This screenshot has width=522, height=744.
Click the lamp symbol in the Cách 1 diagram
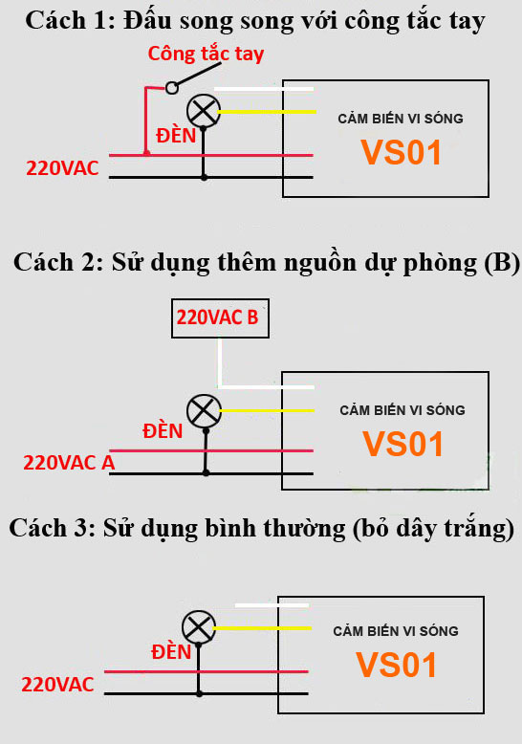tap(204, 111)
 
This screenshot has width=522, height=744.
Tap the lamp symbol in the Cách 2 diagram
tap(204, 411)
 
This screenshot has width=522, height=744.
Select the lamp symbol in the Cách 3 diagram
tap(199, 627)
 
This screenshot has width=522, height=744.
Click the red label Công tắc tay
tap(206, 54)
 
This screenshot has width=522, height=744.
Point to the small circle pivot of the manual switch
tap(172, 88)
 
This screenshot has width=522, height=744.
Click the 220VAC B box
tap(220, 317)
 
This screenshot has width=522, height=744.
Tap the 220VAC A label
tap(69, 463)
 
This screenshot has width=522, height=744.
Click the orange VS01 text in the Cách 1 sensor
tap(402, 152)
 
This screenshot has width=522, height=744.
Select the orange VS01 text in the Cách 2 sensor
tap(402, 444)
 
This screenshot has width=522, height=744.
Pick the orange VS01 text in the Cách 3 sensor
tap(396, 665)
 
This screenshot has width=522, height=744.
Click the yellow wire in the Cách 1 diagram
tap(267, 112)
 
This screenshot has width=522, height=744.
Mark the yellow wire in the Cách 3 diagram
tap(262, 627)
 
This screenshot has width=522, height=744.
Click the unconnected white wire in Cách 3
tap(272, 605)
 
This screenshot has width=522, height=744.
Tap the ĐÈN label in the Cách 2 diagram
tap(163, 431)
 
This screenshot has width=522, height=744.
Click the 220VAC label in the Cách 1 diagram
tap(62, 168)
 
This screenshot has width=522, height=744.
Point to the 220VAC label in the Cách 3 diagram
tap(57, 685)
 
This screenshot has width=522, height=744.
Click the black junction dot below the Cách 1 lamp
tap(204, 178)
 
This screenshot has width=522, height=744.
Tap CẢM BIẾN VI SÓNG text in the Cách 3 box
tap(396, 631)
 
